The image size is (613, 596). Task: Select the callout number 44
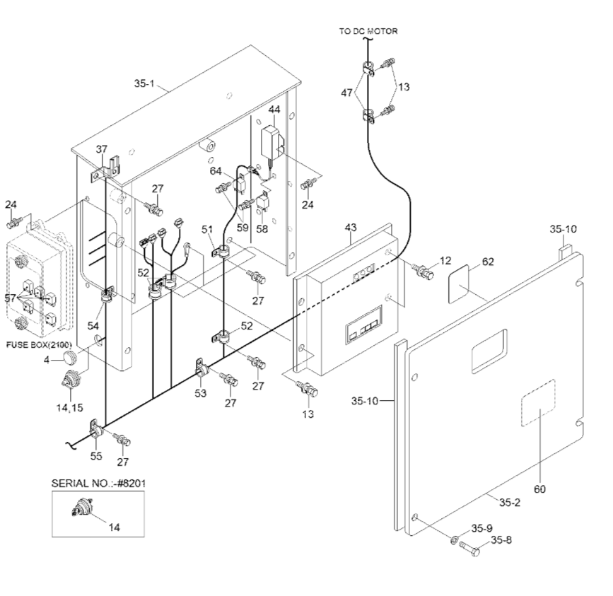click(274, 110)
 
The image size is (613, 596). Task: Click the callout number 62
click(488, 262)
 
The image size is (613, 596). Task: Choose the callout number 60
click(539, 489)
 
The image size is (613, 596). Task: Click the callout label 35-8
click(503, 541)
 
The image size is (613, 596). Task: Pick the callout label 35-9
click(484, 527)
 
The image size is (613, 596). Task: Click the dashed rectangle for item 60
click(538, 402)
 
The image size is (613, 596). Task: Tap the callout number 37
click(102, 149)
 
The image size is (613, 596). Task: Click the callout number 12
click(445, 262)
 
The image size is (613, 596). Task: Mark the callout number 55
click(95, 456)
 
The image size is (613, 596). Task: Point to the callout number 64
click(216, 170)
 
